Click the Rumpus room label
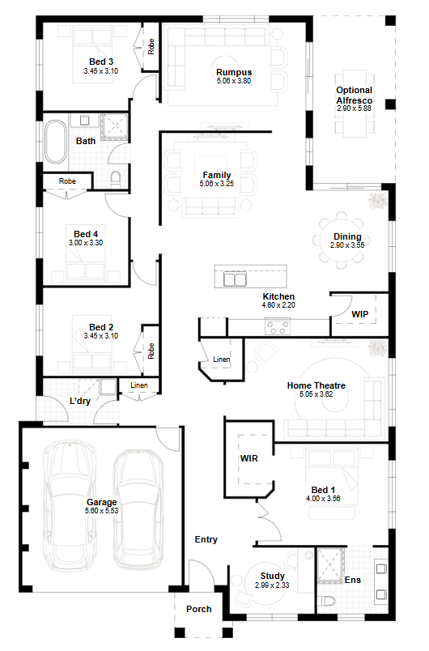[234, 72]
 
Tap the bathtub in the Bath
[56, 142]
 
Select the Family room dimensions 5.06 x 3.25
[217, 184]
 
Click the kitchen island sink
[236, 279]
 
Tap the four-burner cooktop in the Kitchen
[278, 327]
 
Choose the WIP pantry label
[359, 314]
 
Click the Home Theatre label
[316, 385]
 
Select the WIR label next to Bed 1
[249, 458]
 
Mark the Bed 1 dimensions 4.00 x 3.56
[323, 499]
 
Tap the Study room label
[272, 576]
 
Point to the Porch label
[199, 609]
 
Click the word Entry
[206, 539]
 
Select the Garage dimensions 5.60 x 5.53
[102, 511]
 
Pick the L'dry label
[80, 401]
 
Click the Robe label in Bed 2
[151, 351]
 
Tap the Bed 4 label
[86, 234]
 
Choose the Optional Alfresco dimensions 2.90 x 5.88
[354, 108]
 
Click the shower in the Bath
[114, 126]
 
